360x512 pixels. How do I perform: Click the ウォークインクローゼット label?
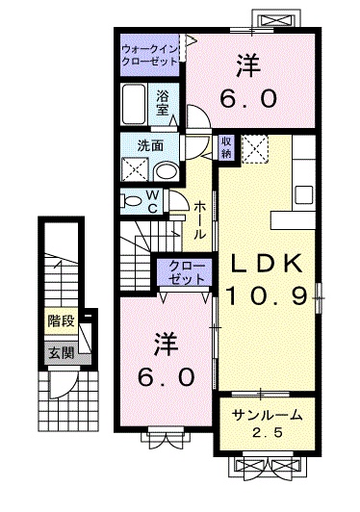pyautogui.click(x=150, y=55)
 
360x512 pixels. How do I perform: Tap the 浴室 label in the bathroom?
pyautogui.click(x=163, y=102)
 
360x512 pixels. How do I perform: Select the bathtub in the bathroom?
pyautogui.click(x=133, y=104)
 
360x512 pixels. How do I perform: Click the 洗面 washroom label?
pyautogui.click(x=150, y=146)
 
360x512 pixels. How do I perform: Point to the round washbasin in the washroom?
pyautogui.click(x=166, y=171)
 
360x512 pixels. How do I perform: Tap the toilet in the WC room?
pyautogui.click(x=130, y=201)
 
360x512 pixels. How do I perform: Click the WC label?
pyautogui.click(x=152, y=201)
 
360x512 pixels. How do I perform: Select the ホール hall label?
pyautogui.click(x=200, y=219)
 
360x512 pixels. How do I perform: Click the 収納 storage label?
pyautogui.click(x=227, y=147)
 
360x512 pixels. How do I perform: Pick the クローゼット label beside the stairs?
pyautogui.click(x=187, y=272)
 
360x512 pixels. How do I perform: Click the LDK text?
pyautogui.click(x=266, y=263)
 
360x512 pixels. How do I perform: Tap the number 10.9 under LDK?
pyautogui.click(x=267, y=295)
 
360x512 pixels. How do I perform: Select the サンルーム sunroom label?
pyautogui.click(x=267, y=415)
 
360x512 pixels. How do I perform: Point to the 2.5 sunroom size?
pyautogui.click(x=267, y=432)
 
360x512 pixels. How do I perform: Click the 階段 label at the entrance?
pyautogui.click(x=61, y=321)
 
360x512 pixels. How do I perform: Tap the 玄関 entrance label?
pyautogui.click(x=62, y=353)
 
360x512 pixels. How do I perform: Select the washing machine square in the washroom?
pyautogui.click(x=135, y=169)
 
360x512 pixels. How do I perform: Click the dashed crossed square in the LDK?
pyautogui.click(x=255, y=149)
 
